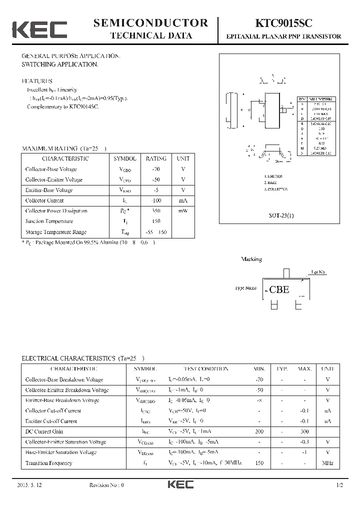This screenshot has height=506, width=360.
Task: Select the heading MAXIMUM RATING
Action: [49, 148]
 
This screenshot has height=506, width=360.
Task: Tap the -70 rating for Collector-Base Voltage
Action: [156, 169]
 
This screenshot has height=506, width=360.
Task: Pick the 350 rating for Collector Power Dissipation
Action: [156, 211]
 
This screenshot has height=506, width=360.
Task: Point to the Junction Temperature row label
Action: [49, 221]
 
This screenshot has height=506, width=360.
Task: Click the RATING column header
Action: [156, 158]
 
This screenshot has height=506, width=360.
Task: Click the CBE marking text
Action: [279, 289]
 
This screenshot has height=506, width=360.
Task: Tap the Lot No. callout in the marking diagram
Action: [318, 272]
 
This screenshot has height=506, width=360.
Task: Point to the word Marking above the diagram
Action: [251, 259]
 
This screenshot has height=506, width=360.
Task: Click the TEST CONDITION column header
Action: [205, 369]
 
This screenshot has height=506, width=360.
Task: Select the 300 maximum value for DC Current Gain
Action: [304, 431]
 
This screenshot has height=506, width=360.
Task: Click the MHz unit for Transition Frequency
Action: [327, 463]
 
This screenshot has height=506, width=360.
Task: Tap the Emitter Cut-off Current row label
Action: [51, 421]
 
